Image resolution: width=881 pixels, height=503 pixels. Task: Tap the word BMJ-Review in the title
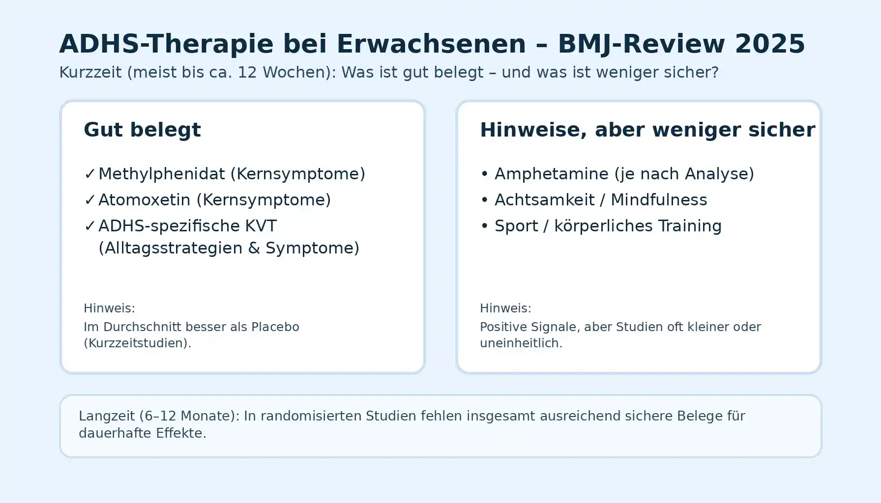tap(641, 44)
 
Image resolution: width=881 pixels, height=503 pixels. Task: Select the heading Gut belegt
tap(142, 130)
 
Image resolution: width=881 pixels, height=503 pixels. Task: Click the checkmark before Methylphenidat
tap(89, 174)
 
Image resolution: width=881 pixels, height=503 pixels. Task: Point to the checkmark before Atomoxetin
tap(89, 200)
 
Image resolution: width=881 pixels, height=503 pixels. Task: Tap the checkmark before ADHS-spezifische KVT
tap(89, 226)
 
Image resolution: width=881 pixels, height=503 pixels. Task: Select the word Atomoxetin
tap(145, 200)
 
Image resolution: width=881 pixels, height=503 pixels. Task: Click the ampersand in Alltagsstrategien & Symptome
tap(254, 248)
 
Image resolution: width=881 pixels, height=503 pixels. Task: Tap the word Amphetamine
tap(552, 174)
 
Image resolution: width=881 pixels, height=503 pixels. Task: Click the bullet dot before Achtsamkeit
tap(484, 200)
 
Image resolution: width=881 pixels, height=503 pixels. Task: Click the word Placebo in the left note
tap(275, 327)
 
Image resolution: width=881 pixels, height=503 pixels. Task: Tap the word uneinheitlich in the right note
tap(521, 343)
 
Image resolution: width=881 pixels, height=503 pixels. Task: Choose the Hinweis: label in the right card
tap(505, 308)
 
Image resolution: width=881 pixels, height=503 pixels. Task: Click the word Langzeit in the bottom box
tap(107, 416)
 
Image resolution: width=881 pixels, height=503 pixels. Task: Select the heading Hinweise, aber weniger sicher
tap(647, 130)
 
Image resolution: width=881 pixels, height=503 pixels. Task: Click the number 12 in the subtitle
tap(247, 73)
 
